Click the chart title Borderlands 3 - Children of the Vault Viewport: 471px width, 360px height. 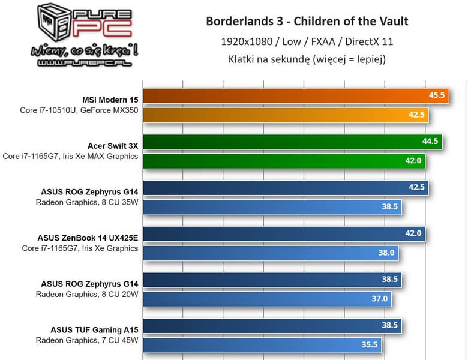tap(307, 22)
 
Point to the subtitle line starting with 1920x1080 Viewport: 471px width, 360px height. tap(307, 41)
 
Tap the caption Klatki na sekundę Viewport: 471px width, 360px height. tap(307, 59)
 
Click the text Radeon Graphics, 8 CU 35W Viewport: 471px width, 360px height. tap(87, 202)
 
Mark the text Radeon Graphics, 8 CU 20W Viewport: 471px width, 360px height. tap(87, 294)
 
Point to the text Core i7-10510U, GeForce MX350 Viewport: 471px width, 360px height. tap(79, 110)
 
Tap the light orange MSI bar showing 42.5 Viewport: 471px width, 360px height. tap(286, 115)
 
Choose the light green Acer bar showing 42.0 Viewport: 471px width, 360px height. tap(284, 161)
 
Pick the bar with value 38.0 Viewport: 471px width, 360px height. tap(271, 253)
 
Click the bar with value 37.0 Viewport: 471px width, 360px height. tap(267, 298)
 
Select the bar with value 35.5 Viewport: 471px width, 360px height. tap(262, 344)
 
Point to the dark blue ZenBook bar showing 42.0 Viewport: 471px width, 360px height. tap(284, 233)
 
